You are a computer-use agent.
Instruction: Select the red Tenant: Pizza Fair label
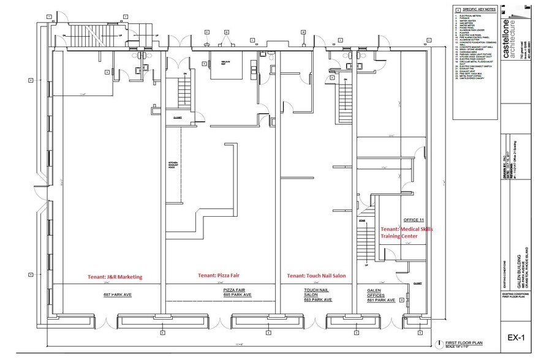click(219, 276)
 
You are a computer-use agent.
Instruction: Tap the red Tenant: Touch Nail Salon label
click(317, 276)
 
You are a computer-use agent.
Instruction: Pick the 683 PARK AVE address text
click(317, 300)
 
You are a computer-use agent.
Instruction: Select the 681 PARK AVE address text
click(379, 300)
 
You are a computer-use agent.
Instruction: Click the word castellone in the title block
click(504, 30)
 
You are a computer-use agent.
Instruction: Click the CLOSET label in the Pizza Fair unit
click(178, 117)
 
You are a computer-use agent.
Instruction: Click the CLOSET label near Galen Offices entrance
click(418, 283)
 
